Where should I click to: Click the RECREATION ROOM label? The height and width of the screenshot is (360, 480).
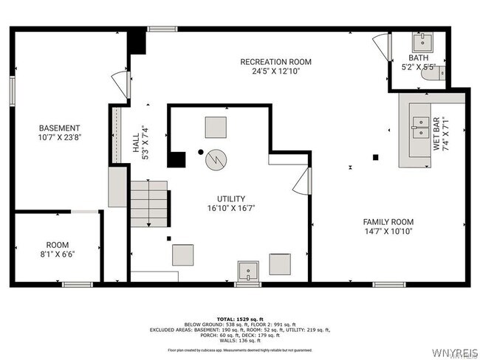coord(275,62)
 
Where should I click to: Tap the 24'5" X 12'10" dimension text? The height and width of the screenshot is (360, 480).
coord(275,72)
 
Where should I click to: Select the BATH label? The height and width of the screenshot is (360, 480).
coord(419,58)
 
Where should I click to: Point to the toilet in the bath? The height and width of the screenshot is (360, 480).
coord(429,72)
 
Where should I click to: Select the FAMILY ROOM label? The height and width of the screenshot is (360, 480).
coord(388,221)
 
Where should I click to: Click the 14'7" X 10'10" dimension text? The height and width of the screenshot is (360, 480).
coord(388,231)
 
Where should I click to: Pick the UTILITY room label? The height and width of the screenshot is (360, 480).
coord(231,198)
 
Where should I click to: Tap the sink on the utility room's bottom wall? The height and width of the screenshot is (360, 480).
coord(248,272)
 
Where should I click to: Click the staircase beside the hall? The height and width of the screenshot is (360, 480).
coord(150,205)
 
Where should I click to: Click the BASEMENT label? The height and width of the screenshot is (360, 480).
coord(59,128)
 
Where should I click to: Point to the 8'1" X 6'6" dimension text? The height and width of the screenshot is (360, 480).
coord(57,254)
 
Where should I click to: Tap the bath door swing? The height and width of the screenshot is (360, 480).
coord(383,47)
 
